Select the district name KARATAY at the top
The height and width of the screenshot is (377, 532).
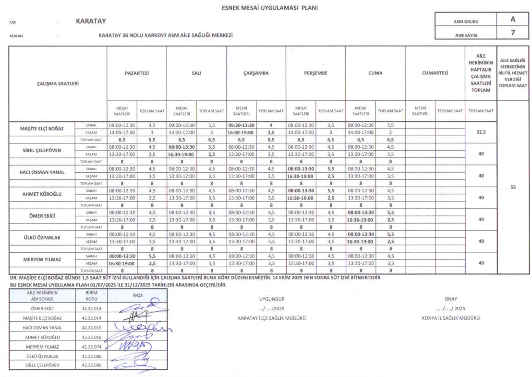click(x=91, y=22)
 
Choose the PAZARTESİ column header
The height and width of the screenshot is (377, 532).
click(x=136, y=73)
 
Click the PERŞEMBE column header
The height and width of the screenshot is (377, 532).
click(x=315, y=73)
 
